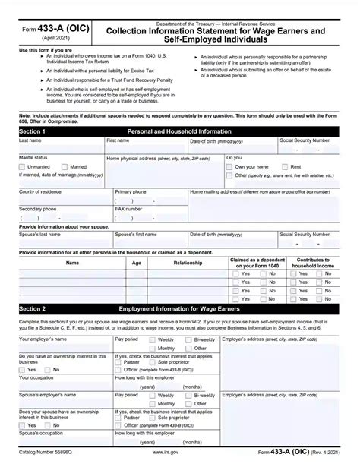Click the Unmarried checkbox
[23, 166]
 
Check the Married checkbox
[65, 166]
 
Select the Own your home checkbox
[231, 166]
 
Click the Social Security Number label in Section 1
[305, 141]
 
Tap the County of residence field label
[41, 192]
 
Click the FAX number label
[128, 208]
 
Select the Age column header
[137, 263]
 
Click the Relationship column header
[188, 263]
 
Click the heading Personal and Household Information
[179, 131]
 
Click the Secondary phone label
[37, 208]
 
